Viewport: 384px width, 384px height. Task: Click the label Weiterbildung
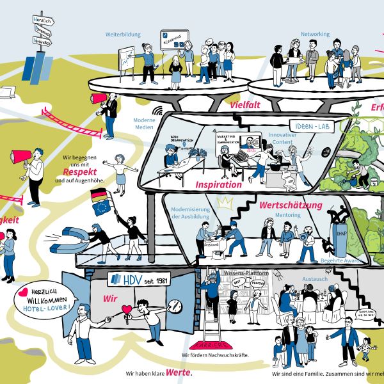pos(122,35)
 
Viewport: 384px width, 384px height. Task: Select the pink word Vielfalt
pos(244,105)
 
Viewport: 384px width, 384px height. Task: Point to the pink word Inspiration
pos(220,184)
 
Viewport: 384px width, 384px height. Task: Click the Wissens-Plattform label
pos(246,273)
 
